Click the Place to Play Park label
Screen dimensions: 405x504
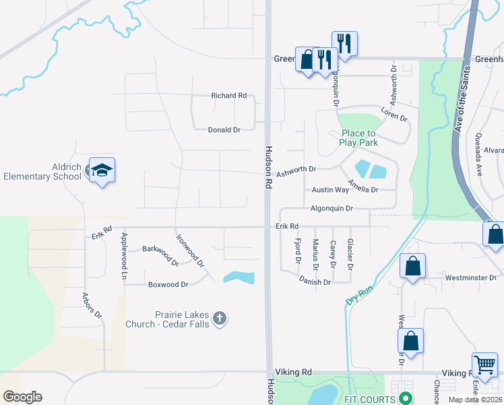pos(358,138)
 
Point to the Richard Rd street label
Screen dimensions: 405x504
pos(228,96)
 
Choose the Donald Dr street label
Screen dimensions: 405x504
pos(224,130)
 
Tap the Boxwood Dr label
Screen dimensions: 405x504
pos(168,285)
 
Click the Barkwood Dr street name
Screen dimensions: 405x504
pos(160,254)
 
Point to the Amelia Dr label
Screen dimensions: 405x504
pos(363,186)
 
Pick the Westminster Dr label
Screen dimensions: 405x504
pos(470,277)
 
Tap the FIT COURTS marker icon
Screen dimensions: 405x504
pos(405,399)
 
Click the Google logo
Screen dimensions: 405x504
pos(22,397)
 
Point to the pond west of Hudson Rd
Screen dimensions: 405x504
pos(239,277)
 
